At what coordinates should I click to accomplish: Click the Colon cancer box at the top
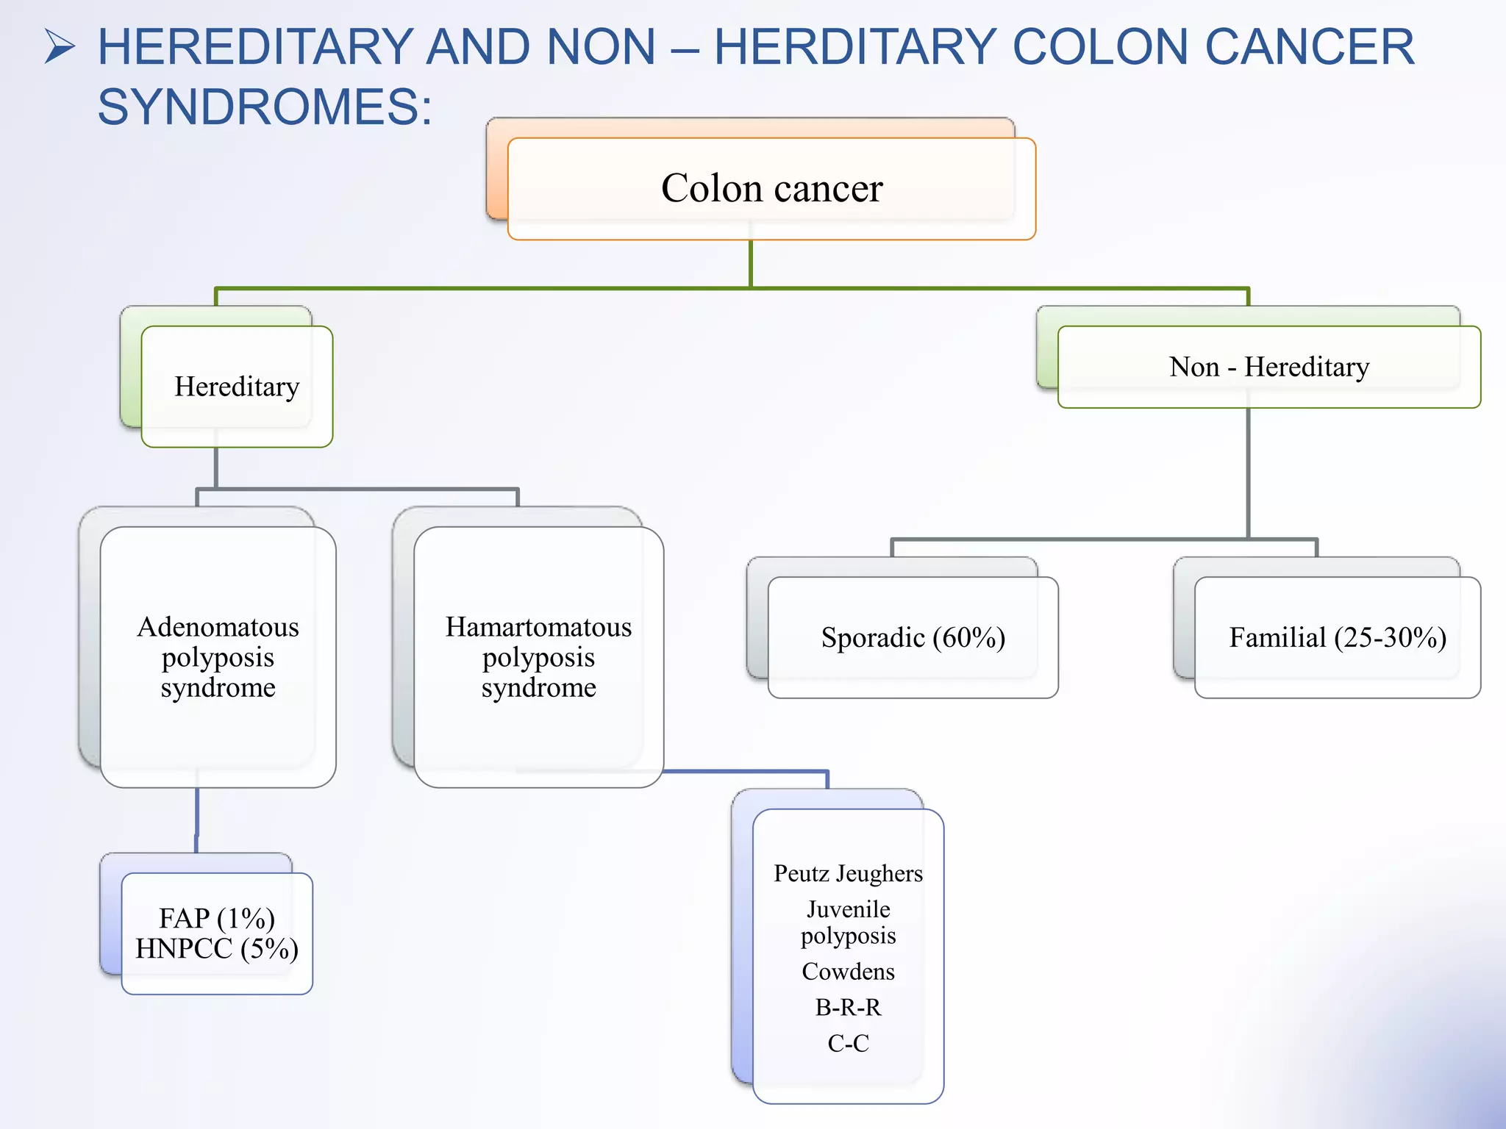point(771,188)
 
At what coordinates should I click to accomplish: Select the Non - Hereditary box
point(1268,367)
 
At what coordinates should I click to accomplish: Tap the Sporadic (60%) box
point(913,637)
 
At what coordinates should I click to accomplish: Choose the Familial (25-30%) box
point(1337,637)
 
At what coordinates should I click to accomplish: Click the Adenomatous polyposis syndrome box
point(218,656)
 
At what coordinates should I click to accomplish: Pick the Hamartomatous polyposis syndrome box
point(538,656)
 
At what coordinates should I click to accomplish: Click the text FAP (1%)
point(217,918)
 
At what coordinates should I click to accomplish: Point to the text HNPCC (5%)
point(217,949)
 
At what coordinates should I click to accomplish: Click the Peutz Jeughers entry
point(848,873)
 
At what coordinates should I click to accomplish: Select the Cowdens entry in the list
point(848,972)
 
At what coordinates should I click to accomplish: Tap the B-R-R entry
point(848,1007)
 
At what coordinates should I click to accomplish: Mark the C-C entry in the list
point(848,1043)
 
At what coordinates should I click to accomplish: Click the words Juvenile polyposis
point(848,922)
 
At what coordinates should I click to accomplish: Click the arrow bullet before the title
point(60,46)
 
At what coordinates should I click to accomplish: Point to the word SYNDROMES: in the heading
point(265,107)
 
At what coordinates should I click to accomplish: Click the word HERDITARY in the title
point(855,47)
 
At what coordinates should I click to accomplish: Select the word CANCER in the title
point(1309,47)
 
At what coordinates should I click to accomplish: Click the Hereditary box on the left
point(236,387)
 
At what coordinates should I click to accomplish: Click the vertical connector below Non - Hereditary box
point(1248,470)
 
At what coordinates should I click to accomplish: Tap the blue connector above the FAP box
point(197,820)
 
